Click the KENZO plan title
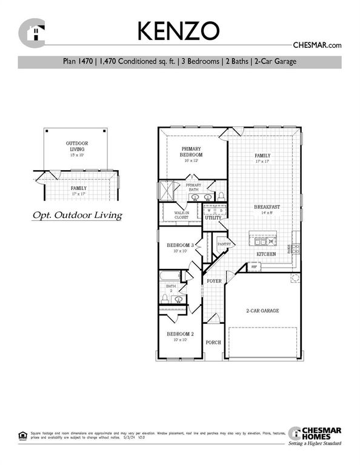[x=180, y=30]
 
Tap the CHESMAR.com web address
[x=317, y=45]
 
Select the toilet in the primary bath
[x=221, y=196]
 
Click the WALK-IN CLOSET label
[x=183, y=215]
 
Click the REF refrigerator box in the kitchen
[x=255, y=266]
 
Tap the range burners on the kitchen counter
[x=296, y=248]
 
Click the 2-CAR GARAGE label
[x=262, y=311]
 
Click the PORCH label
[x=213, y=342]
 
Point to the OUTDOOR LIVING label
[x=77, y=146]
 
